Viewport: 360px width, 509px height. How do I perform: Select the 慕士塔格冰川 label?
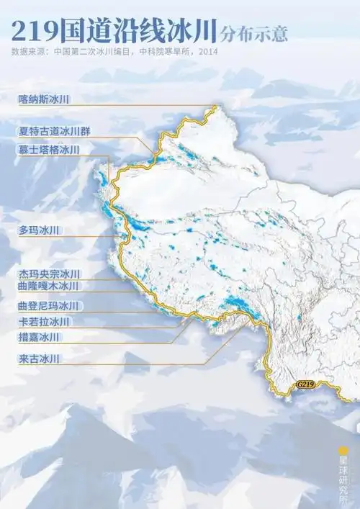point(48,150)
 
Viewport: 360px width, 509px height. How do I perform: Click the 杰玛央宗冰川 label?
point(48,274)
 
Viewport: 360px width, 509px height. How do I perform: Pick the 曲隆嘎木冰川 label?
point(48,287)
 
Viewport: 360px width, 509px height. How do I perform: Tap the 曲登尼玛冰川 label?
point(48,306)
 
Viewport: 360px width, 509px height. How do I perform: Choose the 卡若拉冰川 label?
point(43,321)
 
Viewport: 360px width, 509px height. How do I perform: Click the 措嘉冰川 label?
point(38,337)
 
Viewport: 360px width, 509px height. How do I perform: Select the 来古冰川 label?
point(38,358)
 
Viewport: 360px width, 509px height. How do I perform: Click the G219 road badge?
point(305,385)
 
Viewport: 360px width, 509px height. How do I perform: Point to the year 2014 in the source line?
point(207,52)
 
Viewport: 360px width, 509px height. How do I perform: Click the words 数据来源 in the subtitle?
point(29,52)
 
